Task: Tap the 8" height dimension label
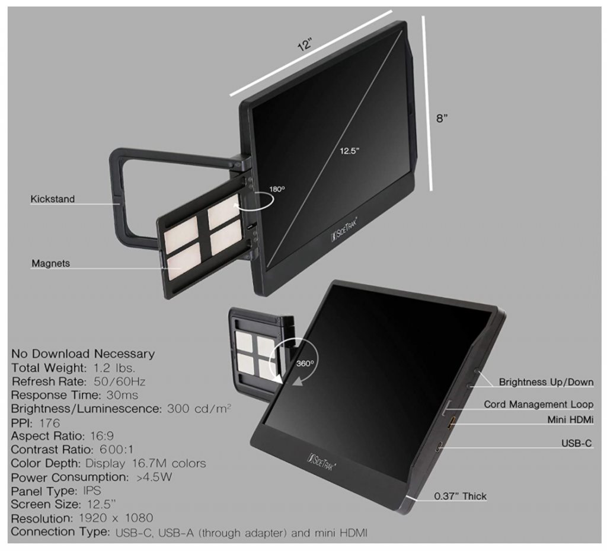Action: (x=442, y=118)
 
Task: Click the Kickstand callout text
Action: (x=53, y=199)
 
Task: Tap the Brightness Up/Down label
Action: (x=546, y=382)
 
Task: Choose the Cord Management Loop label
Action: (x=538, y=405)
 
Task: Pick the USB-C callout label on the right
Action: (x=577, y=443)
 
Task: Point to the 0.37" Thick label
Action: (x=459, y=496)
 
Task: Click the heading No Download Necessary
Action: (x=82, y=354)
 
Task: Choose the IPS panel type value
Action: (x=90, y=491)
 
